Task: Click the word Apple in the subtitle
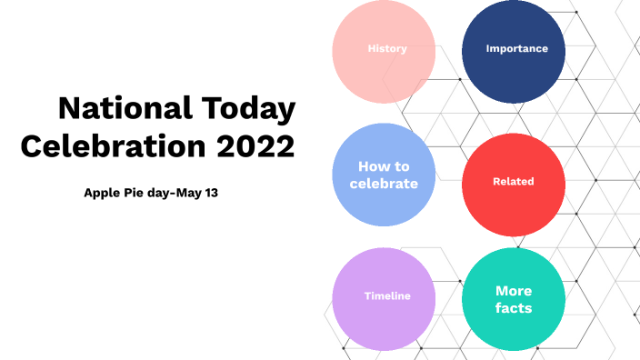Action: coord(102,193)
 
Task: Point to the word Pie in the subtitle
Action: coord(137,193)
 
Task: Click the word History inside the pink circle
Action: coord(387,48)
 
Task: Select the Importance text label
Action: coord(517,48)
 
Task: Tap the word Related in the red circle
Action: coord(514,182)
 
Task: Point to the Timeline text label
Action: coord(387,296)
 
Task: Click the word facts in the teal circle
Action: coord(514,308)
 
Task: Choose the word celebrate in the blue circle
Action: coord(384,184)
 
